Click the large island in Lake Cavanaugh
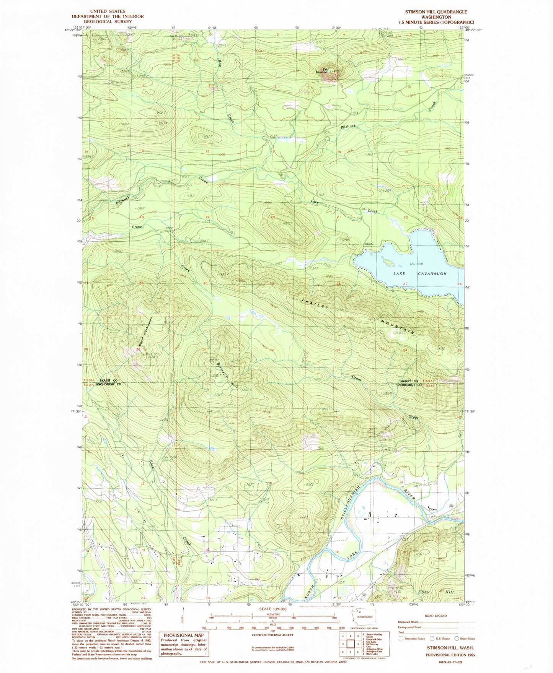coord(388,263)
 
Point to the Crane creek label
coord(137,227)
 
